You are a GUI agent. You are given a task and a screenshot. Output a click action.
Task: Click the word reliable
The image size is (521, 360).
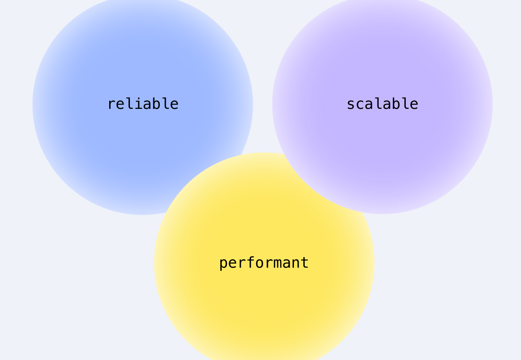[143, 104]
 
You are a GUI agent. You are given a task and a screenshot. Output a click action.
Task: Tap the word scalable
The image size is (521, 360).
[383, 104]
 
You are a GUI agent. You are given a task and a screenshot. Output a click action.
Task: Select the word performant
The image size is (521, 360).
[264, 263]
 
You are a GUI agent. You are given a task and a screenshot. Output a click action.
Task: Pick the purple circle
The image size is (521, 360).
[383, 104]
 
